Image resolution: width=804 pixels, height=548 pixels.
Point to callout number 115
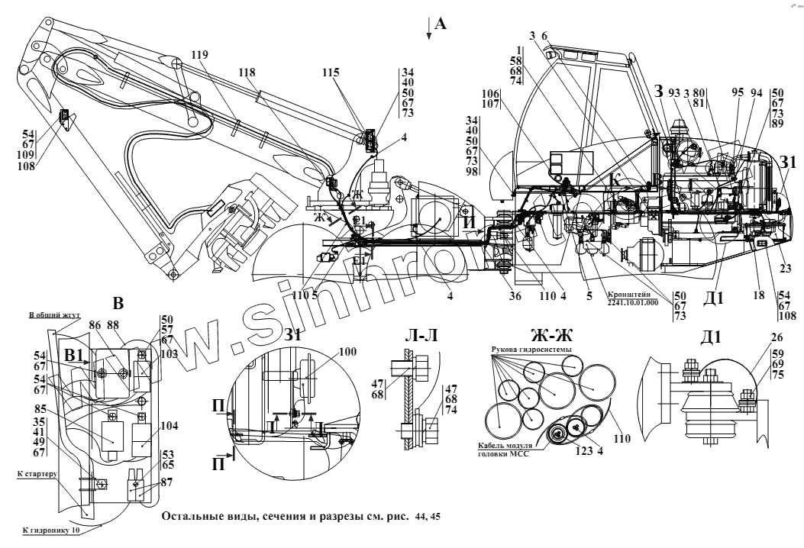(x=331, y=73)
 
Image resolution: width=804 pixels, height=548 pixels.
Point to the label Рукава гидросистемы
(x=526, y=350)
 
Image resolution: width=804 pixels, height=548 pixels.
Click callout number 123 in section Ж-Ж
(x=583, y=450)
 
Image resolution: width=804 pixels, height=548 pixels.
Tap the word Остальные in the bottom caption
(x=189, y=517)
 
